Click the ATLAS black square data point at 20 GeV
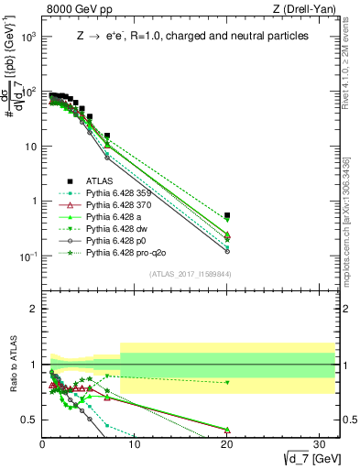(x=227, y=215)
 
